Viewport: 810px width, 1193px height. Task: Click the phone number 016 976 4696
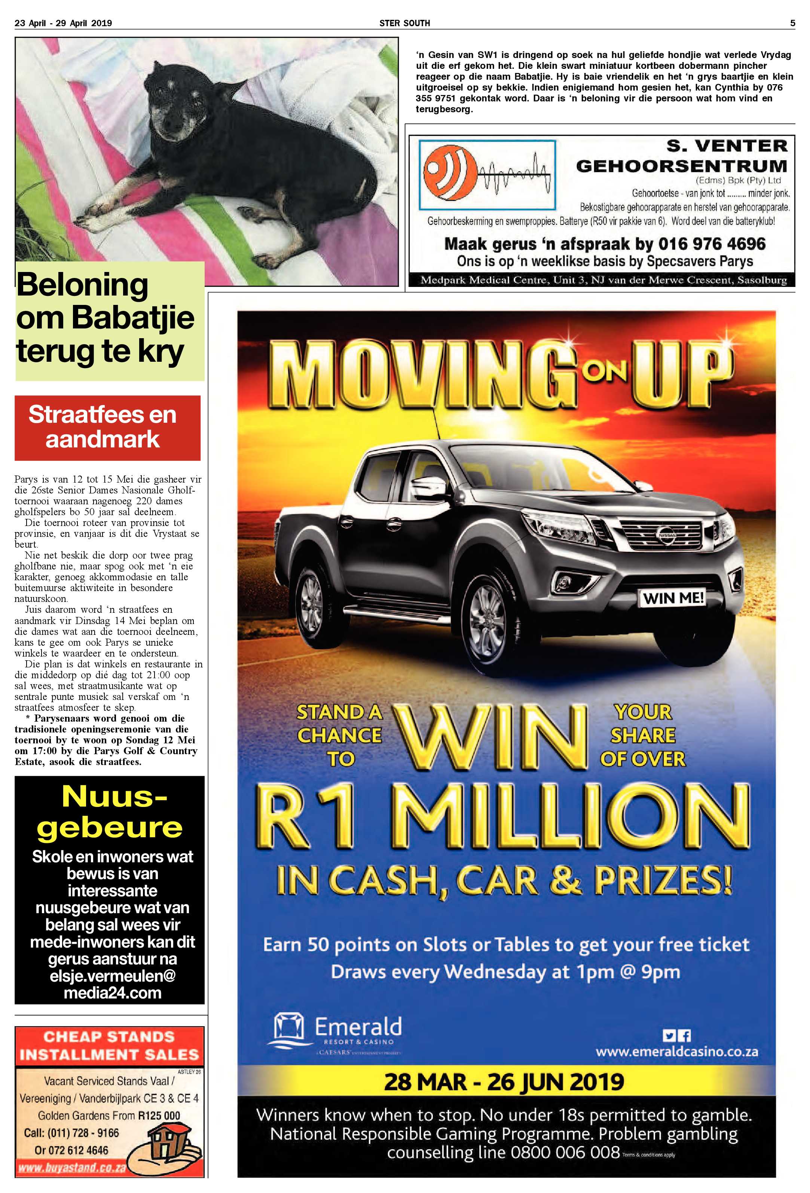[712, 244]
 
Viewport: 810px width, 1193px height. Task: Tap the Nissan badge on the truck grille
[667, 535]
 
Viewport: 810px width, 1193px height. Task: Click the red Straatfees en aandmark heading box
[107, 427]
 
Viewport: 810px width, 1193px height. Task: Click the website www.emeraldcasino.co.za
[676, 1051]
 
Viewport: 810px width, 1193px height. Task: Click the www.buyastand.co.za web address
[72, 1167]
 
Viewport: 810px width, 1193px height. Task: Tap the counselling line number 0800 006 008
[565, 1153]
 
